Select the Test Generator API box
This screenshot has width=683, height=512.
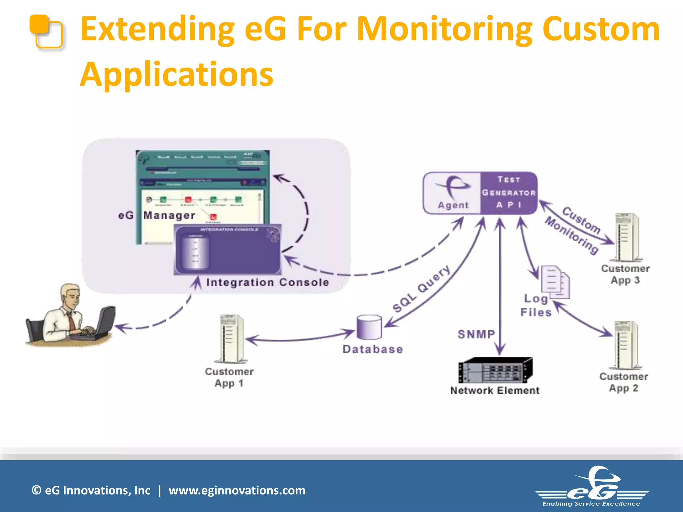(x=508, y=193)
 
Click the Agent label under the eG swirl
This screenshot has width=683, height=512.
(x=453, y=205)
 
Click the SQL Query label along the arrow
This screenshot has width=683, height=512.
(x=421, y=289)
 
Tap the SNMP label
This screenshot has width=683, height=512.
(x=476, y=334)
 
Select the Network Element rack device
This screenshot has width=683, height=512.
(x=495, y=370)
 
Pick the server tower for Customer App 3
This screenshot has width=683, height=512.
(x=626, y=237)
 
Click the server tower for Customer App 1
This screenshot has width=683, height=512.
(x=231, y=339)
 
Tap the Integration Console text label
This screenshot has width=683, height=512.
(x=267, y=282)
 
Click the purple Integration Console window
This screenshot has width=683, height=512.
(x=228, y=249)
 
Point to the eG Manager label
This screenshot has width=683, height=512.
(x=157, y=215)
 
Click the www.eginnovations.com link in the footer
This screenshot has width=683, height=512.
(x=237, y=490)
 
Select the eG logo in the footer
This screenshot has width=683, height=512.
(x=592, y=487)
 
